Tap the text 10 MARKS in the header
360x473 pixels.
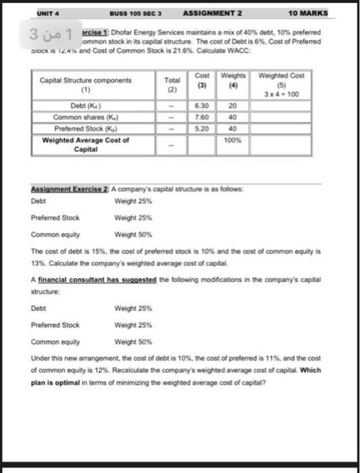(307, 13)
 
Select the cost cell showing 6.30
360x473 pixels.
(201, 106)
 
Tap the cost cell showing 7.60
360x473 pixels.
(201, 116)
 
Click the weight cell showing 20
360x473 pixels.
(232, 106)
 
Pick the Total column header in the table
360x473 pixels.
(172, 84)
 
